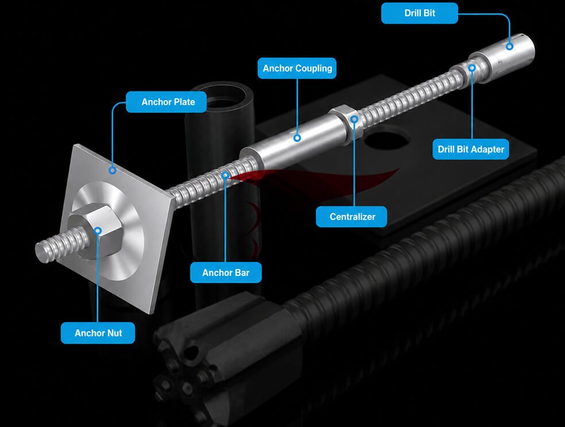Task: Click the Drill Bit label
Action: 420,13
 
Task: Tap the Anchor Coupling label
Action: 297,68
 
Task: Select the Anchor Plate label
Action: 166,102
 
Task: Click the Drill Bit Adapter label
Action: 471,149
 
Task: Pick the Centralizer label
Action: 352,217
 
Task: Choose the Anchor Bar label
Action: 226,272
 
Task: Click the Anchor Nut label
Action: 98,333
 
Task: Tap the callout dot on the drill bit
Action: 509,46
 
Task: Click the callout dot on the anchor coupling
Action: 297,138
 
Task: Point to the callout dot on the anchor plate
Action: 113,170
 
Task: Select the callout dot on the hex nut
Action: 98,230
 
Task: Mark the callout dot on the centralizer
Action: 355,119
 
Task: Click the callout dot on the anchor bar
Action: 225,175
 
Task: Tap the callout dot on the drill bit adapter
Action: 472,67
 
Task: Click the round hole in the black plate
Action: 387,141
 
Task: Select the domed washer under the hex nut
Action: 108,230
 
